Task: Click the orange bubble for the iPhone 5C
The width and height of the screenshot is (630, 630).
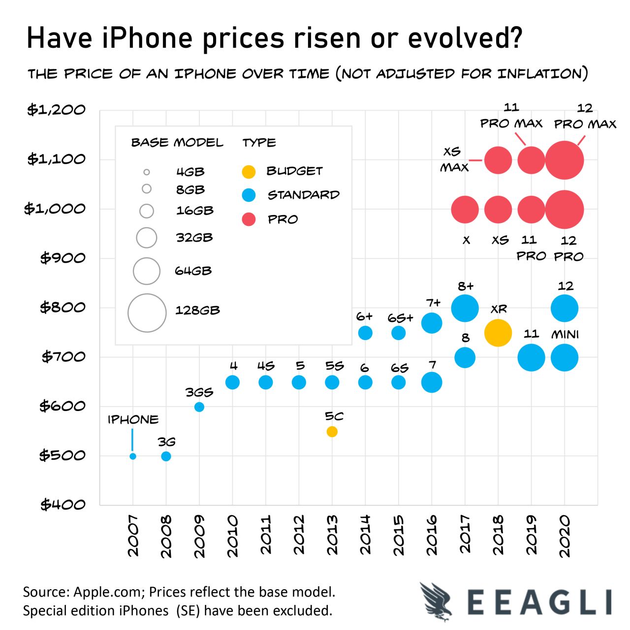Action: point(332,432)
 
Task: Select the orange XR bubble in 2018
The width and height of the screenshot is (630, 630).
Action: point(498,333)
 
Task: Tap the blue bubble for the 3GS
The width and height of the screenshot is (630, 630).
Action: point(199,407)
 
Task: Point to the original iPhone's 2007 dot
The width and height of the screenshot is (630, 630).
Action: point(133,456)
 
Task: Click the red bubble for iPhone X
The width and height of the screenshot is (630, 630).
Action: point(465,209)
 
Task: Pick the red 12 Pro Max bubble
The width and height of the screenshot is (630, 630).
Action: point(565,160)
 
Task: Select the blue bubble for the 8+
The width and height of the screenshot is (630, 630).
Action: point(465,308)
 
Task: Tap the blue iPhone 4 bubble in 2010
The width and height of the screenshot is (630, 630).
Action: point(232,382)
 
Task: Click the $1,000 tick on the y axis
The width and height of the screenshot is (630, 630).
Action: point(55,209)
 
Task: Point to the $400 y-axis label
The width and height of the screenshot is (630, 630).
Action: point(63,504)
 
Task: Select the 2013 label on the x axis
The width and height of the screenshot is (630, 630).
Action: point(332,535)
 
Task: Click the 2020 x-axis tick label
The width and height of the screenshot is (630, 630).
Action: point(565,535)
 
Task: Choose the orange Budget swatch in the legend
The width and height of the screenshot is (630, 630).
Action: point(249,172)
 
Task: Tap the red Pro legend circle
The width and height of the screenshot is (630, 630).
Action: point(249,220)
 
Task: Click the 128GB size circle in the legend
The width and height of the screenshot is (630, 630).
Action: point(147,313)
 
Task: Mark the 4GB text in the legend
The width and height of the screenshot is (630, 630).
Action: point(190,172)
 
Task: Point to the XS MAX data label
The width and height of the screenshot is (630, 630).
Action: point(454,159)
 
